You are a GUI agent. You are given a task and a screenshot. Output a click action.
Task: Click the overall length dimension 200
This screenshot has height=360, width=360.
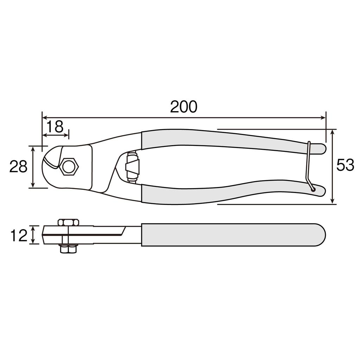point(184,107)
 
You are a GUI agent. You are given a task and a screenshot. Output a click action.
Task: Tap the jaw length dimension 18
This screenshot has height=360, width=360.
point(55,127)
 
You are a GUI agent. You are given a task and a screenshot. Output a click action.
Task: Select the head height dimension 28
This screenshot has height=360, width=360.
point(18,167)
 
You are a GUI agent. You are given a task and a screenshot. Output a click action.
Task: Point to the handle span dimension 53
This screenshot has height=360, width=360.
point(345,165)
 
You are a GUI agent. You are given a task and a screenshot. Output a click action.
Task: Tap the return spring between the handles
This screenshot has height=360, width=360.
point(133,167)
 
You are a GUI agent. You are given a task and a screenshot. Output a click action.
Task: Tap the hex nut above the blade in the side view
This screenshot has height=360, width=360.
point(67,222)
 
